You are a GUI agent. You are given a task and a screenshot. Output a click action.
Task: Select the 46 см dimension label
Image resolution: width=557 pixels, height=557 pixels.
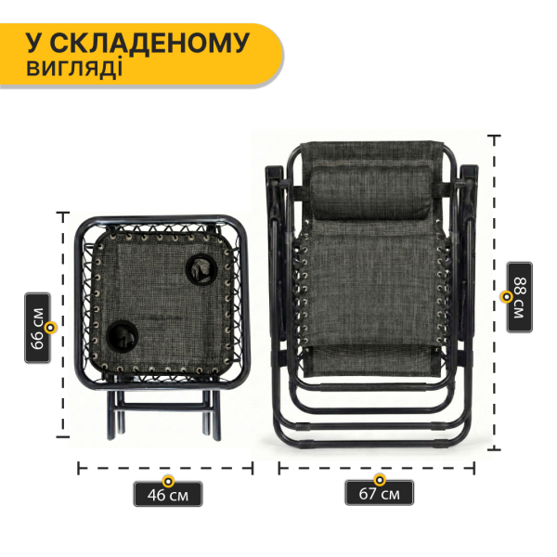[x=168, y=494]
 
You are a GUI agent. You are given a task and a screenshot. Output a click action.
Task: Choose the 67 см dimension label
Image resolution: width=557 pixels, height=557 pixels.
[x=379, y=494]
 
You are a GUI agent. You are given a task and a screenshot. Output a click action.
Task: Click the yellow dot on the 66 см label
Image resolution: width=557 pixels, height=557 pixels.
[x=51, y=327]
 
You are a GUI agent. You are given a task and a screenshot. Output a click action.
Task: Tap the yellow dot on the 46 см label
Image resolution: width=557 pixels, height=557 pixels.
[x=168, y=481]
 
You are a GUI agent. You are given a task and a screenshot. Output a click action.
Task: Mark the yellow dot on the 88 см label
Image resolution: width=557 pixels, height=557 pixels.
[x=506, y=297]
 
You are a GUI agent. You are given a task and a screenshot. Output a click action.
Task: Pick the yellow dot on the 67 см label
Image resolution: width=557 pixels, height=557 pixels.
[x=379, y=481]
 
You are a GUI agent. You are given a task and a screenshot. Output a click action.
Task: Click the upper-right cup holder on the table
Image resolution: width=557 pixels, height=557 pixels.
[x=200, y=270]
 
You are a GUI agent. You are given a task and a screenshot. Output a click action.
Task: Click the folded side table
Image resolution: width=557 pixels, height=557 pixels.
[x=160, y=306]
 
